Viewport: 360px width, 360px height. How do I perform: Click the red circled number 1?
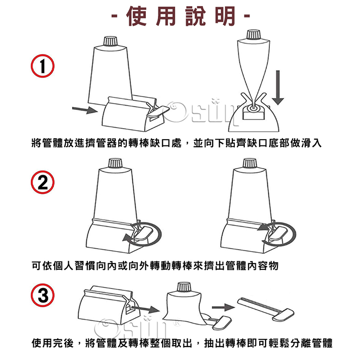click(43, 66)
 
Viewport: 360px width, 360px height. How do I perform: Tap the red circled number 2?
click(43, 182)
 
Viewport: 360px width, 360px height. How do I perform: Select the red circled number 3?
click(43, 295)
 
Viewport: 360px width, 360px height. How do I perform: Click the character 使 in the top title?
click(136, 16)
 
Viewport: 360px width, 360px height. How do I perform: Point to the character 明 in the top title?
click(225, 16)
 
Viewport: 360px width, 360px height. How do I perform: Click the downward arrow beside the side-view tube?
click(278, 88)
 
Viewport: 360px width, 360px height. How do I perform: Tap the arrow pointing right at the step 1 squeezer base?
click(85, 110)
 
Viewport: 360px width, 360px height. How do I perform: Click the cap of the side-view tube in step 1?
click(253, 35)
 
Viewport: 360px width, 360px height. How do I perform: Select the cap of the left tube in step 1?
click(110, 41)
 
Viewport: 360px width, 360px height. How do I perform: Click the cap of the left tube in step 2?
click(116, 164)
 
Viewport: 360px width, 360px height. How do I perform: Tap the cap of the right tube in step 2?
click(250, 164)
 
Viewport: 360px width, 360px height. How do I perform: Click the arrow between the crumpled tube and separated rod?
click(223, 307)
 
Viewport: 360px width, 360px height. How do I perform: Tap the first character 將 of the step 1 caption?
click(37, 143)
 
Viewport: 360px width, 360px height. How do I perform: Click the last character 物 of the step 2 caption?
click(273, 265)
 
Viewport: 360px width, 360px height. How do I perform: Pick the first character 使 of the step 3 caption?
click(37, 343)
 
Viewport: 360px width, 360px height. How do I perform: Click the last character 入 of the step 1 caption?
click(316, 143)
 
